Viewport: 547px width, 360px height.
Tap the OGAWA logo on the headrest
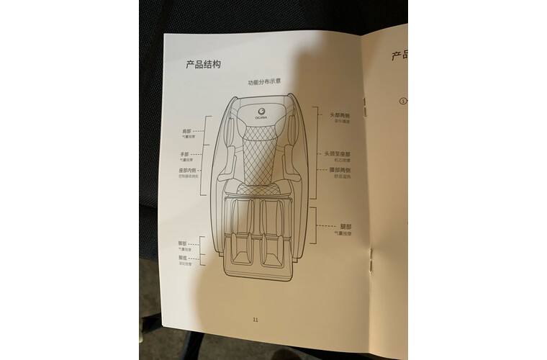(263, 112)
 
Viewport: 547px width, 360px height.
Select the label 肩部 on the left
(186, 131)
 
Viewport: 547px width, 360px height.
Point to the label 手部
(184, 154)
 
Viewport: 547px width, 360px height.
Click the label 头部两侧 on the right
(340, 115)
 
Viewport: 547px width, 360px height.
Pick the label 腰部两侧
(340, 170)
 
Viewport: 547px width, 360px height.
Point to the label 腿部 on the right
(345, 226)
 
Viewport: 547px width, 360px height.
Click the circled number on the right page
(403, 101)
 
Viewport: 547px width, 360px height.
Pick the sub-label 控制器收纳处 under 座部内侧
(188, 177)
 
